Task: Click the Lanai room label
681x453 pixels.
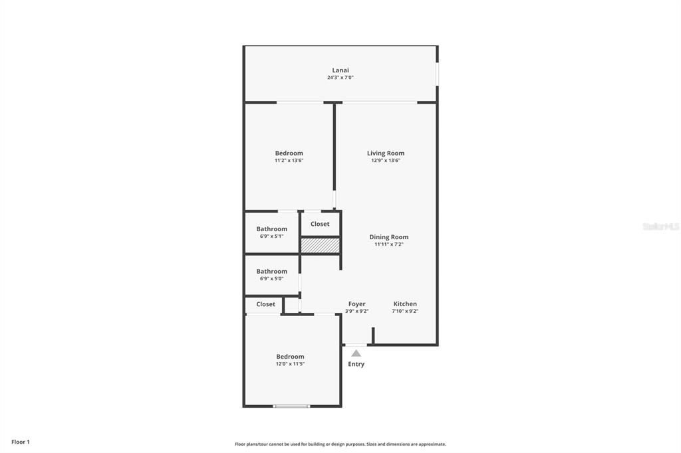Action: pyautogui.click(x=340, y=70)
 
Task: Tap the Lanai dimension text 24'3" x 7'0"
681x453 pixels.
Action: pyautogui.click(x=340, y=78)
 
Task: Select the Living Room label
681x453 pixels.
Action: pyautogui.click(x=386, y=153)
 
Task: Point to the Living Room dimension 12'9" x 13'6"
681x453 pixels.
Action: pyautogui.click(x=386, y=161)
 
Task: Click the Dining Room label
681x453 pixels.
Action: pyautogui.click(x=389, y=236)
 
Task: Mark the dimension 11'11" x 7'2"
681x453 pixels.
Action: pyautogui.click(x=389, y=244)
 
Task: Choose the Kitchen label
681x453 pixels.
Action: pyautogui.click(x=405, y=304)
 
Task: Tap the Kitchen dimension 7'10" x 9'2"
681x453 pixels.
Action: pyautogui.click(x=405, y=311)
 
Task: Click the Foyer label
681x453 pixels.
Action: pyautogui.click(x=357, y=304)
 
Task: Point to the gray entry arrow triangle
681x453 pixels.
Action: pyautogui.click(x=356, y=353)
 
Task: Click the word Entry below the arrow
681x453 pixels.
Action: pyautogui.click(x=356, y=364)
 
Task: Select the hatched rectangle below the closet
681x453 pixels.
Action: pyautogui.click(x=320, y=246)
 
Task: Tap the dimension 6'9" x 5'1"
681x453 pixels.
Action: pyautogui.click(x=271, y=236)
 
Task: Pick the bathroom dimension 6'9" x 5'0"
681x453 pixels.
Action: pyautogui.click(x=271, y=279)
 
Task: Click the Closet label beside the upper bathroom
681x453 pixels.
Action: pyautogui.click(x=320, y=224)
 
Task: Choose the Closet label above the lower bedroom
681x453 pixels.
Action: pyautogui.click(x=266, y=304)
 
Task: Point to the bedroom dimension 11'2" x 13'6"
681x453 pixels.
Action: pyautogui.click(x=289, y=161)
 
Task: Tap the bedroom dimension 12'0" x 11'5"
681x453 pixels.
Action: pyautogui.click(x=291, y=364)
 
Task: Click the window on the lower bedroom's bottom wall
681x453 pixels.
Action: pyautogui.click(x=292, y=406)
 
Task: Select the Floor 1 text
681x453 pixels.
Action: pyautogui.click(x=21, y=442)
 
